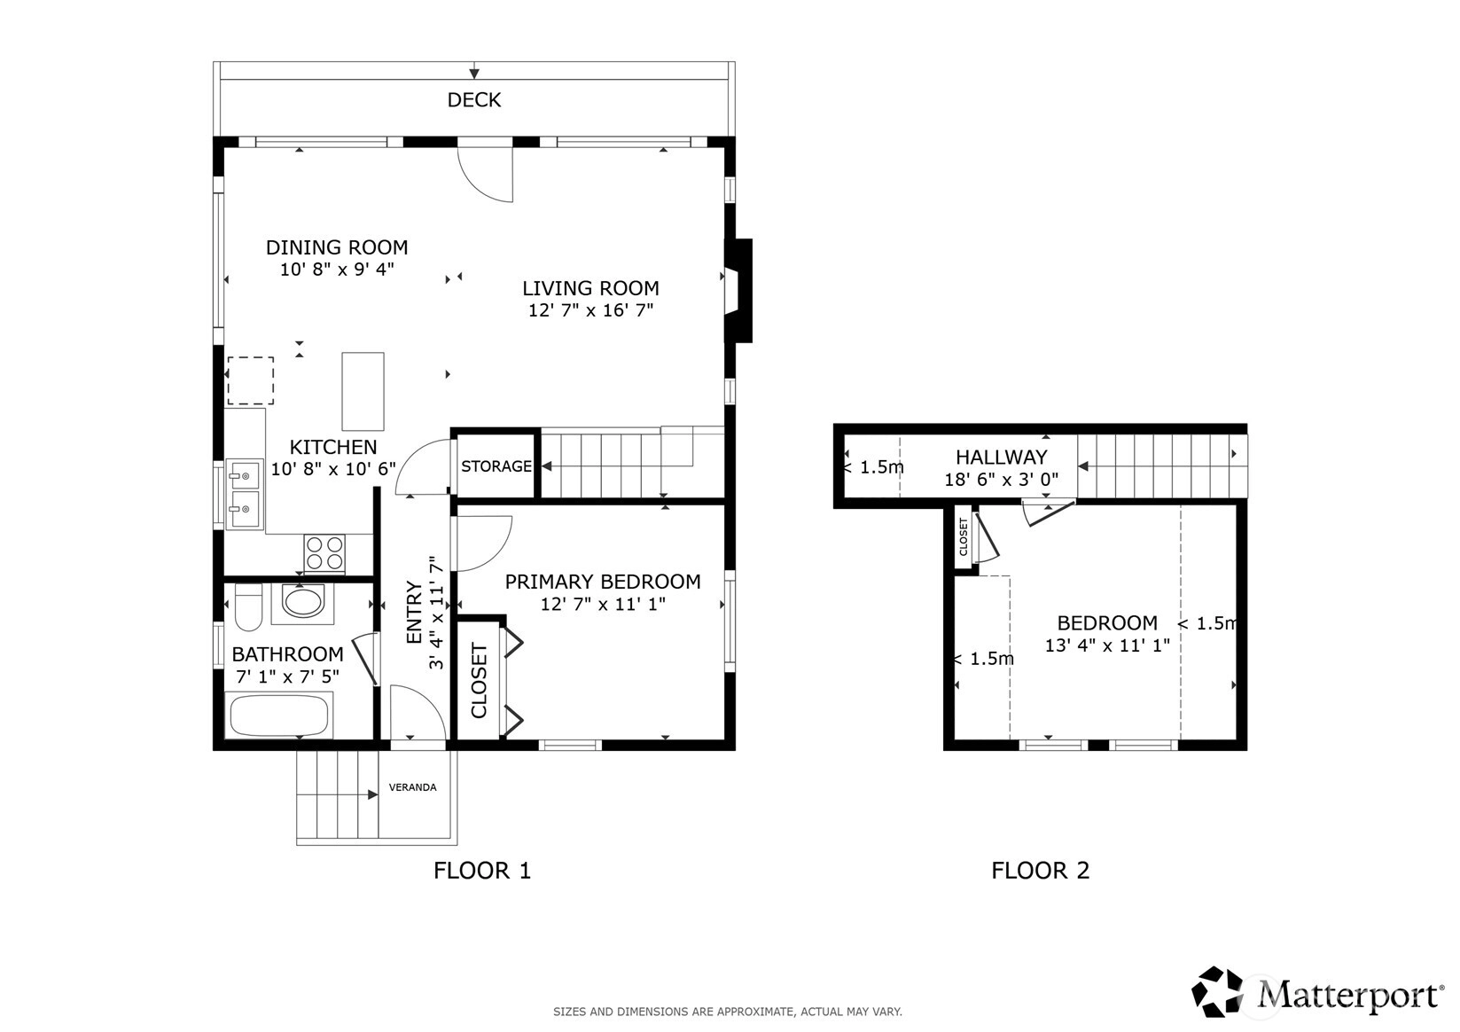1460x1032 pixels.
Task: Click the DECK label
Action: point(474,100)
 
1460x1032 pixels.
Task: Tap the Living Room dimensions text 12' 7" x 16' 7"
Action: point(590,310)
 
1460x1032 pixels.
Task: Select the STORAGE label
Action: point(496,466)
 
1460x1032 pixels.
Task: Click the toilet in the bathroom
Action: point(247,607)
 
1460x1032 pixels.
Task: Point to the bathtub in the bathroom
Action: point(278,715)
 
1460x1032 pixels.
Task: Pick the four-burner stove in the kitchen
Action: point(324,553)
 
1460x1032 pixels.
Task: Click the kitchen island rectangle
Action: point(363,391)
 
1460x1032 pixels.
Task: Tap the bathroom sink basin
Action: point(303,602)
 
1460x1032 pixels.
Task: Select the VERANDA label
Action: point(412,787)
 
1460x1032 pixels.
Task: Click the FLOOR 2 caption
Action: point(1040,871)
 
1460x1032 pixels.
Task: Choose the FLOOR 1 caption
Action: point(482,871)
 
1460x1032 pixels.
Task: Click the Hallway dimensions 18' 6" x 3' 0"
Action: point(1001,479)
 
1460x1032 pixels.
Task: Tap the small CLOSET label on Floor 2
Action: point(964,536)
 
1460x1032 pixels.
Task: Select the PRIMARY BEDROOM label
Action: point(603,582)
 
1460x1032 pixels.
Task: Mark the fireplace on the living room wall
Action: point(739,291)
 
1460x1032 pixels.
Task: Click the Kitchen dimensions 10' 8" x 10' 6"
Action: point(333,469)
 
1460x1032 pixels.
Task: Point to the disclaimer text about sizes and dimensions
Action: point(728,1012)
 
